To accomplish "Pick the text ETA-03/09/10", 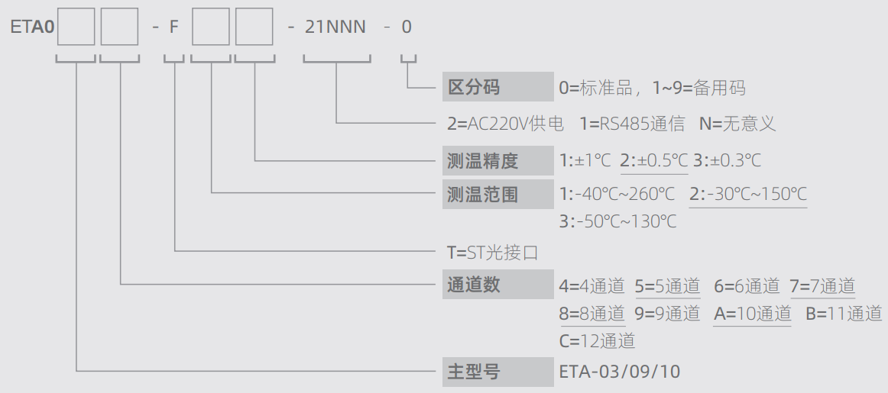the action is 619,372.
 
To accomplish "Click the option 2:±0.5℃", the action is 654,161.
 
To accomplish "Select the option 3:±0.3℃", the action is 728,161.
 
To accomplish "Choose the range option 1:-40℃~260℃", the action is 617,195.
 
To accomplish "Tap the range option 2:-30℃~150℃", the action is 748,195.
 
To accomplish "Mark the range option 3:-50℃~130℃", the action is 618,221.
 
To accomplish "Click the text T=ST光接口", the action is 492,252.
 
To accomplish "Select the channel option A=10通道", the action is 752,314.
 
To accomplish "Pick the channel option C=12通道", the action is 597,341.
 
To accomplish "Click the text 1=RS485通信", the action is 632,124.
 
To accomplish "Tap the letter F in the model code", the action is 174,27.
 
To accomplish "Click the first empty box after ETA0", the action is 76,27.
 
